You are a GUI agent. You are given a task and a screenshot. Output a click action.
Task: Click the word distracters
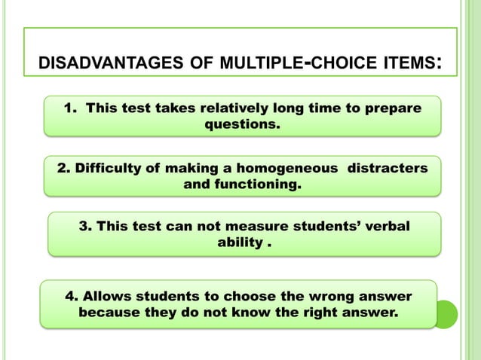[387, 168]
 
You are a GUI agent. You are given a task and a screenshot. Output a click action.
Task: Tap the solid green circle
[445, 313]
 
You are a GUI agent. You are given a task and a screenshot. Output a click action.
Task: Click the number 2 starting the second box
[61, 168]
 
